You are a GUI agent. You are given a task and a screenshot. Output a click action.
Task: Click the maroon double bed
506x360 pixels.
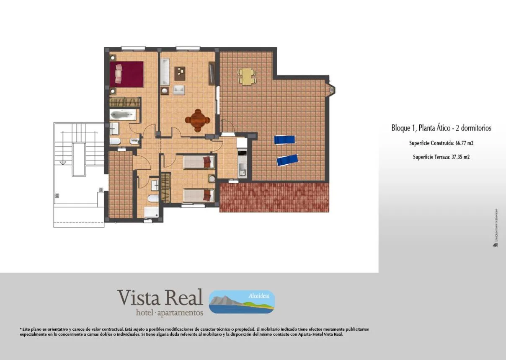tap(127, 74)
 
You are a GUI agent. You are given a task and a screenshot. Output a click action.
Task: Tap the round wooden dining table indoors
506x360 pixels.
tap(198, 120)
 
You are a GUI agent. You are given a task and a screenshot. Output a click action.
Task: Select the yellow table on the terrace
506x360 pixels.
tap(247, 76)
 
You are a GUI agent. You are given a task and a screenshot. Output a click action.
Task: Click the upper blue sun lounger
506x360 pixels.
tap(285, 140)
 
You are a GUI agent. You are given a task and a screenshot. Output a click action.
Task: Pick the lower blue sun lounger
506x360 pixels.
tap(287, 160)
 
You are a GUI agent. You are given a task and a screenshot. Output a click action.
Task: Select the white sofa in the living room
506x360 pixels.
tap(165, 72)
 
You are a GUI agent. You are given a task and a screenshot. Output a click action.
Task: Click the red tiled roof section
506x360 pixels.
tap(274, 197)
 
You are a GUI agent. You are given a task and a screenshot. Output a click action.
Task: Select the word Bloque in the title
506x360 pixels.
tap(401, 128)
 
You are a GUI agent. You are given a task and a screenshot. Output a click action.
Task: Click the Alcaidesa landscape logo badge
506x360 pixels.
tap(242, 302)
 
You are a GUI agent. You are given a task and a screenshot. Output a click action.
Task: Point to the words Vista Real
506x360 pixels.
tap(160, 298)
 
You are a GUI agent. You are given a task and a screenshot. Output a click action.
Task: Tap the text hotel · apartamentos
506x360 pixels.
tap(170, 313)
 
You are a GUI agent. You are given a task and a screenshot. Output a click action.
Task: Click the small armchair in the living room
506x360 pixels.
tap(179, 89)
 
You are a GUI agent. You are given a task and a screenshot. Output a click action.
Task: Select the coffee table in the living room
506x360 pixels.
tap(181, 74)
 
